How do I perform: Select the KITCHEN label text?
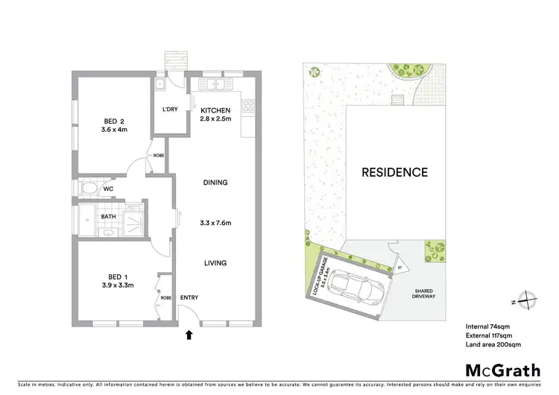coord(215,111)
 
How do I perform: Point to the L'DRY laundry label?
coord(170,110)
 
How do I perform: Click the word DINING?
coord(215,182)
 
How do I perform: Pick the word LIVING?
coord(215,262)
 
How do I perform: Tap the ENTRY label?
coord(190,297)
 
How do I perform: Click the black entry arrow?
coord(189,335)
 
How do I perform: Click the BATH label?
coord(109,217)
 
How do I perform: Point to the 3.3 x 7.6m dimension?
coord(215,221)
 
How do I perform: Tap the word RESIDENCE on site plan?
coord(394,172)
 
